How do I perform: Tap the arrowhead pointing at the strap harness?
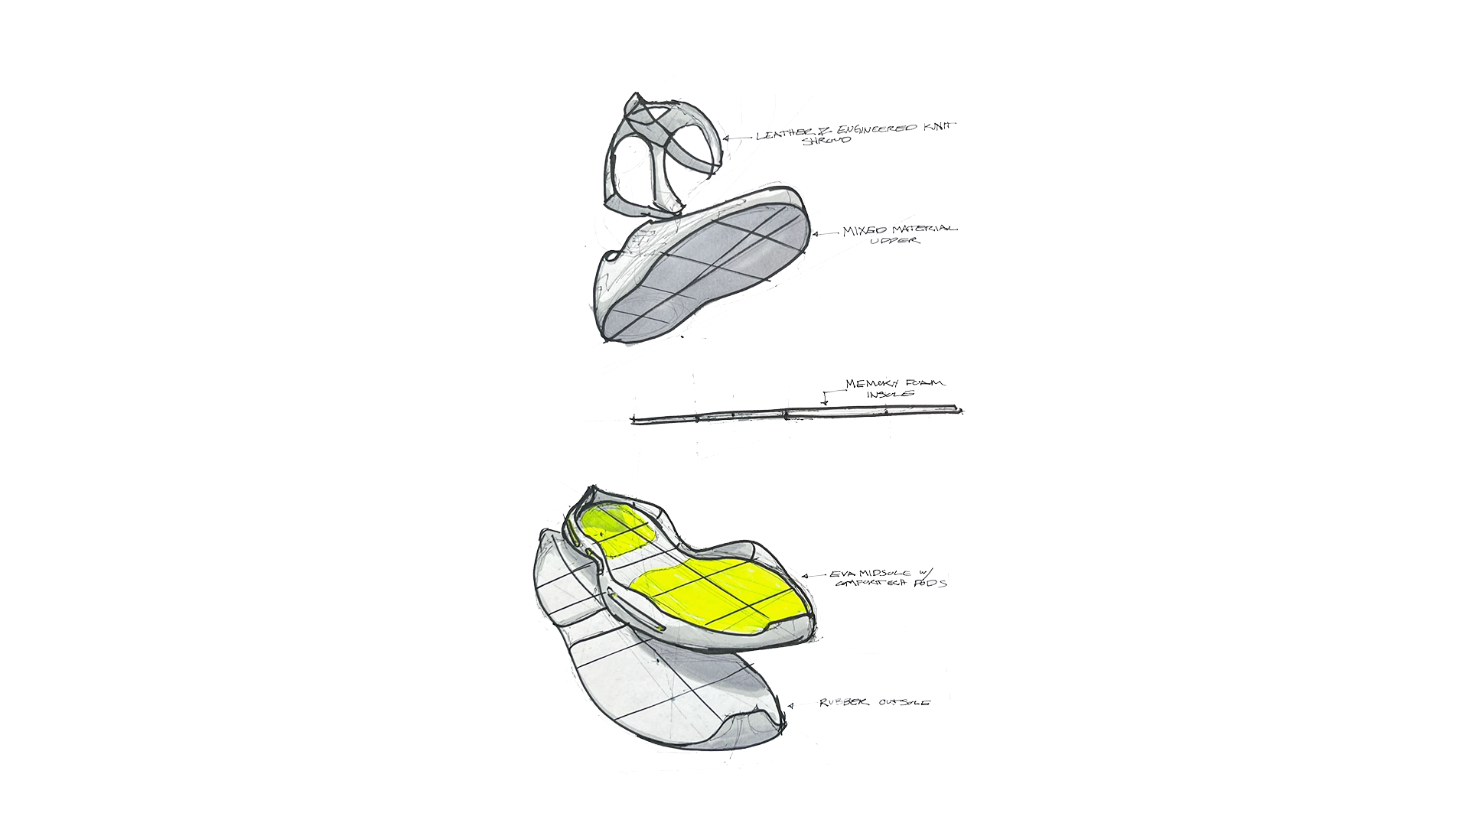point(759,137)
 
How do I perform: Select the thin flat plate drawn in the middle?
point(796,414)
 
